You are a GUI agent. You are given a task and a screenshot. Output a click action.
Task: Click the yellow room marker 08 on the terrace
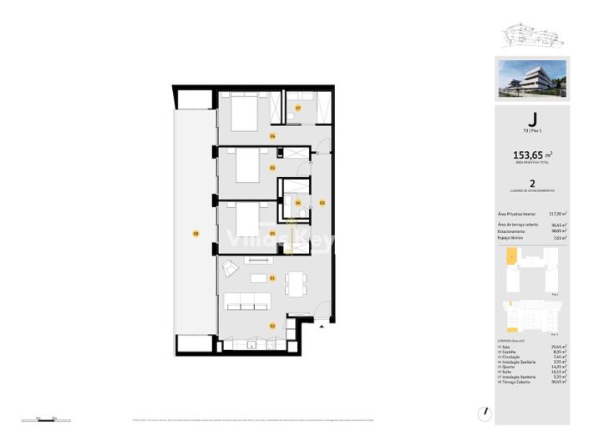pyautogui.click(x=195, y=233)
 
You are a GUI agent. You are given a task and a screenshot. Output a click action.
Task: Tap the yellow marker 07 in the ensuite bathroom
pyautogui.click(x=297, y=107)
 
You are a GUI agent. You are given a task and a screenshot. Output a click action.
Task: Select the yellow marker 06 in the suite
pyautogui.click(x=272, y=135)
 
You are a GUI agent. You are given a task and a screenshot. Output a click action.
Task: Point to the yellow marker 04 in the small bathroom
pyautogui.click(x=298, y=202)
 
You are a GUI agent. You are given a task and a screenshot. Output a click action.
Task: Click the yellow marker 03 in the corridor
pyautogui.click(x=322, y=202)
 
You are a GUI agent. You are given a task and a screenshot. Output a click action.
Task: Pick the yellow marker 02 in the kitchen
pyautogui.click(x=272, y=325)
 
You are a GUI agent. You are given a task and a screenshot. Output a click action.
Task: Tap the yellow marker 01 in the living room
pyautogui.click(x=272, y=277)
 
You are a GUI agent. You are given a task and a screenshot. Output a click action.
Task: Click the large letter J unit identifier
pyautogui.click(x=532, y=121)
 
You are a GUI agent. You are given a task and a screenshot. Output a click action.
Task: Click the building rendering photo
pyautogui.click(x=532, y=78)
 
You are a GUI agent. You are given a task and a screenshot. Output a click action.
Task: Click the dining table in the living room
pyautogui.click(x=294, y=284)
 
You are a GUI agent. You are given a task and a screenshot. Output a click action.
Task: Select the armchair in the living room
pyautogui.click(x=228, y=268)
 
